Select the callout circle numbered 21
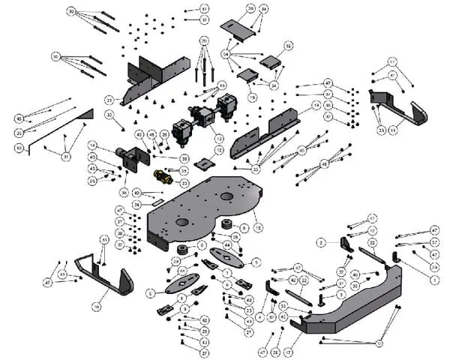coord(109,100)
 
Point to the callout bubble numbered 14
coord(316,104)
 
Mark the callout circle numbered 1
coord(434,278)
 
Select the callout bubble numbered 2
coord(320,243)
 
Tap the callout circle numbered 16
coord(289,46)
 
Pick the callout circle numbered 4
coord(260,317)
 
